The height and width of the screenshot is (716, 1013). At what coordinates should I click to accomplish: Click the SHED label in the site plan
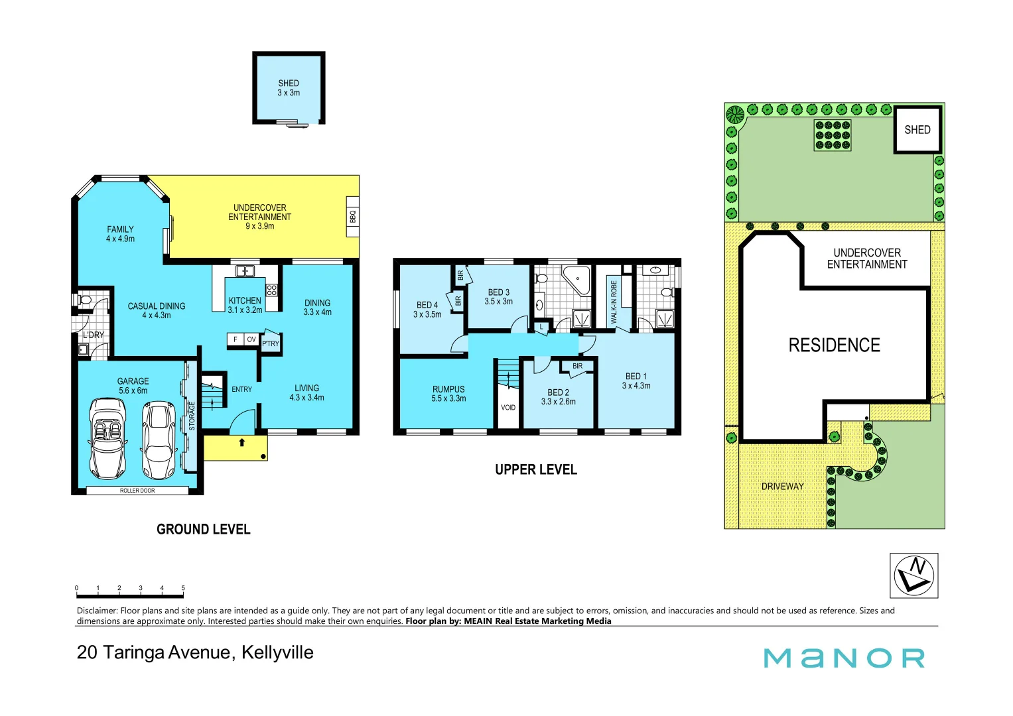pyautogui.click(x=917, y=130)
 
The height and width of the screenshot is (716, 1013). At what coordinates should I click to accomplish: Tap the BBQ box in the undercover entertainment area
pyautogui.click(x=352, y=217)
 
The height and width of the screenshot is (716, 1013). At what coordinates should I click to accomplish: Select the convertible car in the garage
pyautogui.click(x=107, y=438)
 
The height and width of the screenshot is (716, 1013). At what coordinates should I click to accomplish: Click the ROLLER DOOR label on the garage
pyautogui.click(x=137, y=491)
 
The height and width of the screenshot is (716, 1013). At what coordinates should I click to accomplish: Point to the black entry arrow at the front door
pyautogui.click(x=241, y=442)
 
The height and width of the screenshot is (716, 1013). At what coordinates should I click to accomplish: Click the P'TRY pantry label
pyautogui.click(x=271, y=343)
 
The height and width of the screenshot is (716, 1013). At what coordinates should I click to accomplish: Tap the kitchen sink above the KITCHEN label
pyautogui.click(x=244, y=271)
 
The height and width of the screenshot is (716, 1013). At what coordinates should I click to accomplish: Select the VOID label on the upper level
pyautogui.click(x=508, y=408)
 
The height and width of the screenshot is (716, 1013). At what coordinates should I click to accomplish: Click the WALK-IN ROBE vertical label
pyautogui.click(x=614, y=302)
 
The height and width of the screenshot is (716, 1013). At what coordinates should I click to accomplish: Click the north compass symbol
pyautogui.click(x=913, y=575)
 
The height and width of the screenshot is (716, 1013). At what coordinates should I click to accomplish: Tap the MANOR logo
pyautogui.click(x=844, y=658)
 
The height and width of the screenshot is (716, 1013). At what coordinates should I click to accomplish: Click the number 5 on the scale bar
pyautogui.click(x=183, y=588)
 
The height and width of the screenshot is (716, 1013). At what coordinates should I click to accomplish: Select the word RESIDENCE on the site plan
pyautogui.click(x=834, y=345)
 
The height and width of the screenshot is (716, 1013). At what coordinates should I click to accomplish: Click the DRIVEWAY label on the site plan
pyautogui.click(x=782, y=487)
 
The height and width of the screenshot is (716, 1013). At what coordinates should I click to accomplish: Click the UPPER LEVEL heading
pyautogui.click(x=536, y=470)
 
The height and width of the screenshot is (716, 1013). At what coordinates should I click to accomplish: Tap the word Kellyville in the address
pyautogui.click(x=277, y=652)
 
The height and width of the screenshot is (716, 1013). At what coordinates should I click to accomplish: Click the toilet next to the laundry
pyautogui.click(x=85, y=300)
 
